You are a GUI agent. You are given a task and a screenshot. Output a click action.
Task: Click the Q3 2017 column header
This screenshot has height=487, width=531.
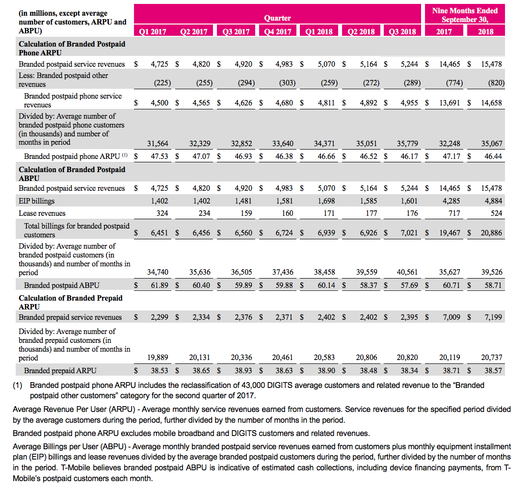(x=236, y=32)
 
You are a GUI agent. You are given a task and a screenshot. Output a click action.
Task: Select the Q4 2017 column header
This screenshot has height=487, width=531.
(x=277, y=32)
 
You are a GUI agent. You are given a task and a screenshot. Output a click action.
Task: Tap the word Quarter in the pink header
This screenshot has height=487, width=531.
(x=277, y=18)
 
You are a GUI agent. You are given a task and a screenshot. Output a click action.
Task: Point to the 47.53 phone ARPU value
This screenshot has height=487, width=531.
(x=160, y=156)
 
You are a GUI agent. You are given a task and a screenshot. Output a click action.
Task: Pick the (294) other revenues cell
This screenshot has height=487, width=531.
(x=246, y=83)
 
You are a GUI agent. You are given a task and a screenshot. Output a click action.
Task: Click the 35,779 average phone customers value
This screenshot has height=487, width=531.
(x=408, y=144)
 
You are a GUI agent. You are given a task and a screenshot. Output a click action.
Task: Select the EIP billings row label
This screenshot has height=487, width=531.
(x=37, y=201)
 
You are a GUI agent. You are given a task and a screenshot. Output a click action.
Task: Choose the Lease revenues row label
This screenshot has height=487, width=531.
(x=42, y=213)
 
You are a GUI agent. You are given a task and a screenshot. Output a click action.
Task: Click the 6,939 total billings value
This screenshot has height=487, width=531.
(x=327, y=233)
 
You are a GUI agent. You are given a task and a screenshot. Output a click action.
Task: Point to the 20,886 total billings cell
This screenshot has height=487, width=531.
(x=491, y=233)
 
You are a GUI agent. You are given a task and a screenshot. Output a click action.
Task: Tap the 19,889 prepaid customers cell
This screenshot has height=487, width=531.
(x=158, y=358)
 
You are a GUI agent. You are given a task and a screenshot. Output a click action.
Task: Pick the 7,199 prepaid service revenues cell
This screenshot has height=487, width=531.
(x=493, y=317)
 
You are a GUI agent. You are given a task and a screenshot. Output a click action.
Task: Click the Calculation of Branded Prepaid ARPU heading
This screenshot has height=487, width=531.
(x=71, y=302)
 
